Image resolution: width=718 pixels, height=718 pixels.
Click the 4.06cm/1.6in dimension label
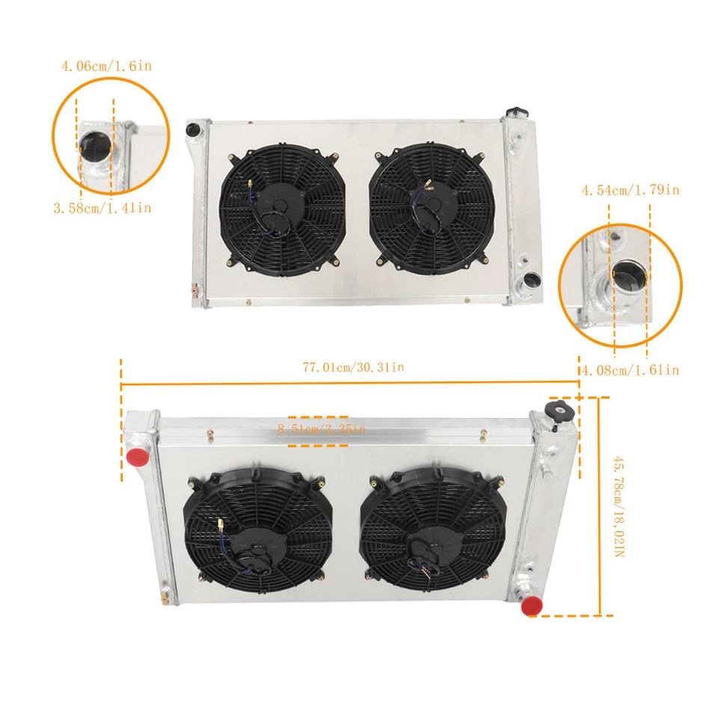(x=106, y=67)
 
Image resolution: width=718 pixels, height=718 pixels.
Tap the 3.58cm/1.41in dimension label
(x=102, y=208)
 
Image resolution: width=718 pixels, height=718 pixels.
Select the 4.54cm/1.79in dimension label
(x=630, y=190)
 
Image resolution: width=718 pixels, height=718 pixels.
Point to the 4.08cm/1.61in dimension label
(x=630, y=369)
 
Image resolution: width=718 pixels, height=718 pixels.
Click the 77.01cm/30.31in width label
(x=353, y=367)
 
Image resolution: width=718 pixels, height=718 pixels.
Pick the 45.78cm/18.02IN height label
(x=617, y=508)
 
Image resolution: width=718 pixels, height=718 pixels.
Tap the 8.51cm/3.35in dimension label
(x=320, y=429)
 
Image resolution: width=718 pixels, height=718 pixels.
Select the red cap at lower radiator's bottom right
(x=532, y=605)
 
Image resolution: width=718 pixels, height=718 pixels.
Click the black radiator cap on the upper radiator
(x=515, y=112)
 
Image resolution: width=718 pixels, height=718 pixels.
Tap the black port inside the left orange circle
(x=95, y=144)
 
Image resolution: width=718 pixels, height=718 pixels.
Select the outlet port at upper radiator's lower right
(x=531, y=280)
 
